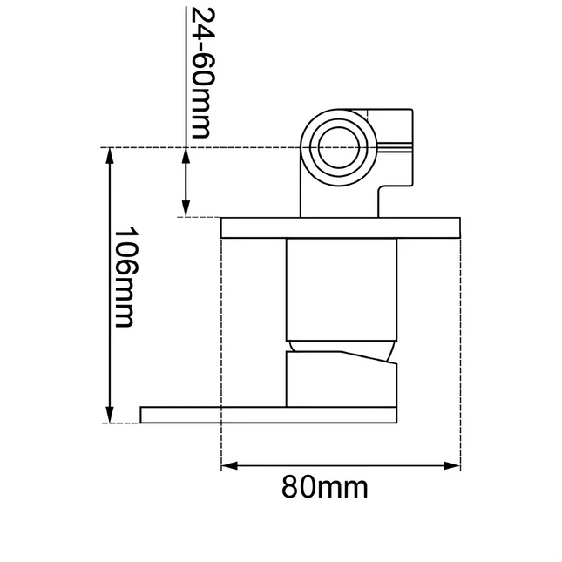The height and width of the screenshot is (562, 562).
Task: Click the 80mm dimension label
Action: [324, 487]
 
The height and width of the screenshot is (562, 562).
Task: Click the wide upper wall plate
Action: [340, 227]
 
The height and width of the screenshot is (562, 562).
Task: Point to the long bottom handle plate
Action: [270, 414]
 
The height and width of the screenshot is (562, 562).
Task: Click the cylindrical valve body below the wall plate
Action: [341, 288]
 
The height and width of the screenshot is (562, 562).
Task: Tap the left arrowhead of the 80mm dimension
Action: [227, 465]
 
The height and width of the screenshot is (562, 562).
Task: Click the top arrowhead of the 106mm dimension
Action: [110, 154]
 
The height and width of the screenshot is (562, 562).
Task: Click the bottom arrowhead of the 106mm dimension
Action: [110, 416]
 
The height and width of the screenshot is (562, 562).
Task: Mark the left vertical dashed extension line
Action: [221, 349]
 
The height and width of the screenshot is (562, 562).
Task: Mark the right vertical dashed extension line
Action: [459, 349]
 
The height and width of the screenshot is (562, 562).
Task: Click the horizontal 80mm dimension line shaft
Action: [340, 465]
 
